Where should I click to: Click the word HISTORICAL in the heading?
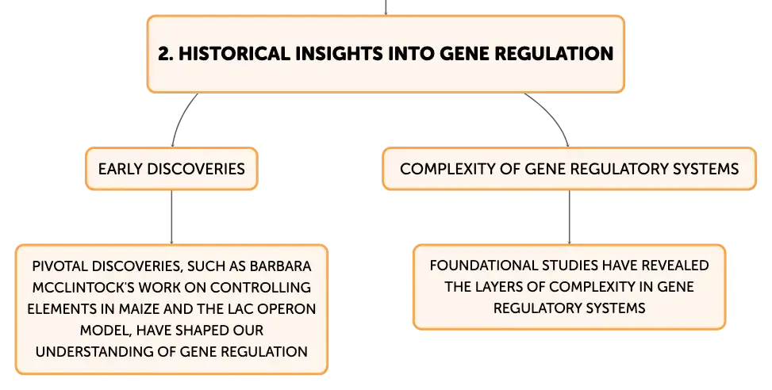[x=234, y=53]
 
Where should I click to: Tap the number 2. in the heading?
[x=165, y=53]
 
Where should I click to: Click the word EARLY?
[x=120, y=169]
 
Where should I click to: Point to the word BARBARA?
[x=281, y=266]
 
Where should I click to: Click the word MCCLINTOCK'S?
[x=83, y=287]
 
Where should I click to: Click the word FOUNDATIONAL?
[x=483, y=266]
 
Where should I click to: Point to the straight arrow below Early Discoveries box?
[x=171, y=217]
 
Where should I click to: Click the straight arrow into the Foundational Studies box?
[x=570, y=217]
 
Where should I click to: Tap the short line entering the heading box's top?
[x=386, y=7]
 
